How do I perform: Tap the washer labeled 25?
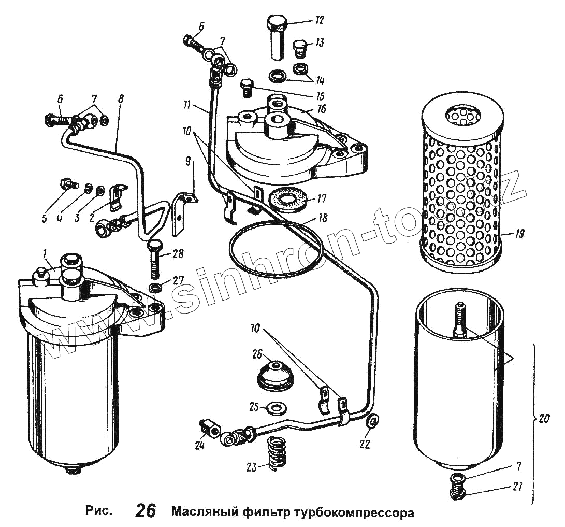273,407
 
